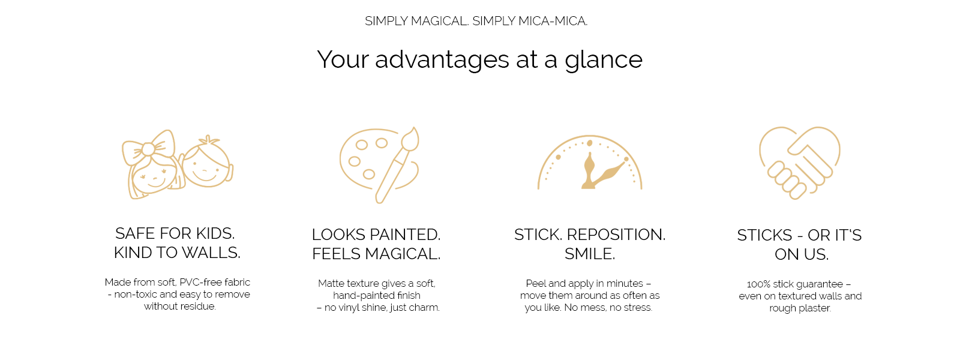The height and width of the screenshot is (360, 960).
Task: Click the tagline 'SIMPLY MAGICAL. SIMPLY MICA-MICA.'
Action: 476,21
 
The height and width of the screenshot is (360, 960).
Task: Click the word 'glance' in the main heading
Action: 604,60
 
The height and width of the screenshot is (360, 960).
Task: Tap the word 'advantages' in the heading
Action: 442,60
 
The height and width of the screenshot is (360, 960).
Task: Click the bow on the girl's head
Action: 149,148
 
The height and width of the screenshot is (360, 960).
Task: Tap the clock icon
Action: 590,163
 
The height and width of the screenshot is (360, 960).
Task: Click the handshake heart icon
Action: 800,163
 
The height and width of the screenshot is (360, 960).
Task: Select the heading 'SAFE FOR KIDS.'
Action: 175,233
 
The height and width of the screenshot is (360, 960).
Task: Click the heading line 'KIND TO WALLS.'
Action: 177,253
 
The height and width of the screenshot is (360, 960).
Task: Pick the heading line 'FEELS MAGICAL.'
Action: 376,254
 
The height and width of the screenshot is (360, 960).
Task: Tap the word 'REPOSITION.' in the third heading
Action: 616,235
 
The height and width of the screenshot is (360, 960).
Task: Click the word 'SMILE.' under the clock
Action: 590,254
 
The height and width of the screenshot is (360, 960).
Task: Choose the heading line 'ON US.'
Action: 802,254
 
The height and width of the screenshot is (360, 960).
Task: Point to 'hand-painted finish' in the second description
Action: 377,296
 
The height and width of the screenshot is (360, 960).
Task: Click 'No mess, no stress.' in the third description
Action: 608,308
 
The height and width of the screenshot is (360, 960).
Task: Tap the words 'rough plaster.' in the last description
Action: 800,308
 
